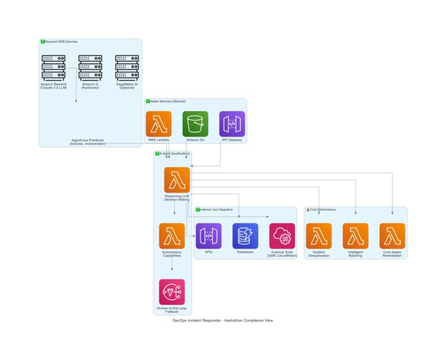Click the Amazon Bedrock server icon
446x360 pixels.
coord(53,67)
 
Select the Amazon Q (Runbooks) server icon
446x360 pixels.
coord(90,67)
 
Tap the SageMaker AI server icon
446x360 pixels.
coord(127,67)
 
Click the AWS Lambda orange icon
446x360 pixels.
coord(158,124)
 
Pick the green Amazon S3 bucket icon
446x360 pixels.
coord(195,124)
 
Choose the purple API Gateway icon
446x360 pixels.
coord(232,124)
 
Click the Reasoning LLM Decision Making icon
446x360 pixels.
coord(177,180)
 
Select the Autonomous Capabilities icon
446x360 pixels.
coord(171,236)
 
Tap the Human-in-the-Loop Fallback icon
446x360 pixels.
coord(171,292)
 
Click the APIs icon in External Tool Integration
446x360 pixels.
coord(209,236)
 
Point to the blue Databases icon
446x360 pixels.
coord(245,236)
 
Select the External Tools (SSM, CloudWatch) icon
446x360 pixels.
coord(282,236)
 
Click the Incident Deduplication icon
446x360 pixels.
coord(318,236)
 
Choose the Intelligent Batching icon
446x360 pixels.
coord(356,236)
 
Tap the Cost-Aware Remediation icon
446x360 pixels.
coord(392,236)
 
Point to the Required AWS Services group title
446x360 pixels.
coord(61,41)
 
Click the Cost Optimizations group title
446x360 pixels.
coord(322,210)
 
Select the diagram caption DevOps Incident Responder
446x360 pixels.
coord(222,320)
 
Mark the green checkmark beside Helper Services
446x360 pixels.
coord(148,101)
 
